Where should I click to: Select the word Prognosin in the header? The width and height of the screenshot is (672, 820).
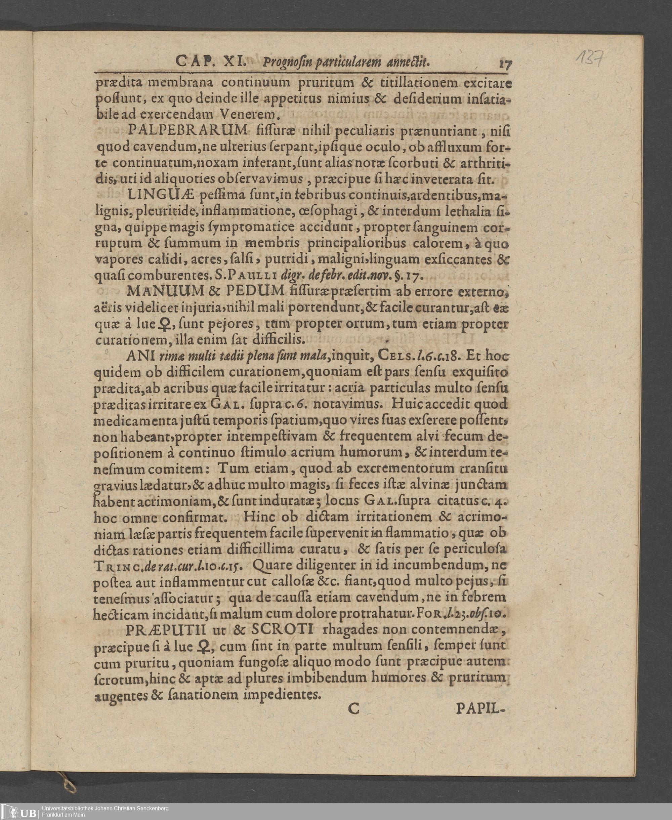tap(287, 63)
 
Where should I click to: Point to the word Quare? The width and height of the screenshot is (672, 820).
tap(270, 566)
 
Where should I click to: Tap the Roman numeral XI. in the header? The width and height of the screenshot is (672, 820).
tap(235, 61)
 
